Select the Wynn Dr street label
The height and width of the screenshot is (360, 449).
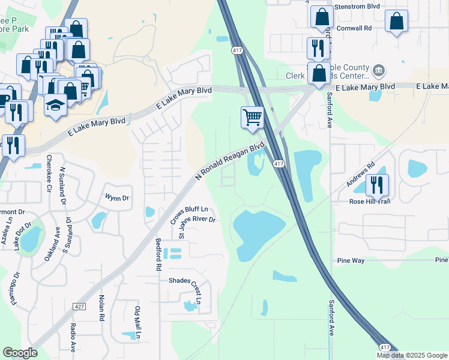point(117,197)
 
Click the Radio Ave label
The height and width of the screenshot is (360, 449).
point(73,337)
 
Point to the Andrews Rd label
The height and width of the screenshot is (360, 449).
point(360,173)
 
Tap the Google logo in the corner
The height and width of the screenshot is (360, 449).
point(20,353)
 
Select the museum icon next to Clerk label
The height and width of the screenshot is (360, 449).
point(379,72)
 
